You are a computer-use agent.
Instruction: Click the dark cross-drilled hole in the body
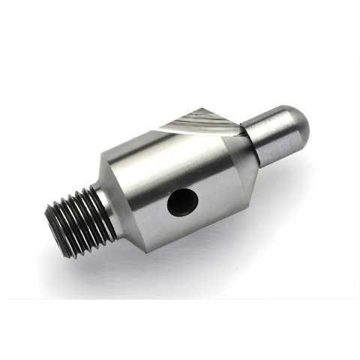point(182,202)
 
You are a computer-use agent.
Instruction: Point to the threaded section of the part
point(79,217)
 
